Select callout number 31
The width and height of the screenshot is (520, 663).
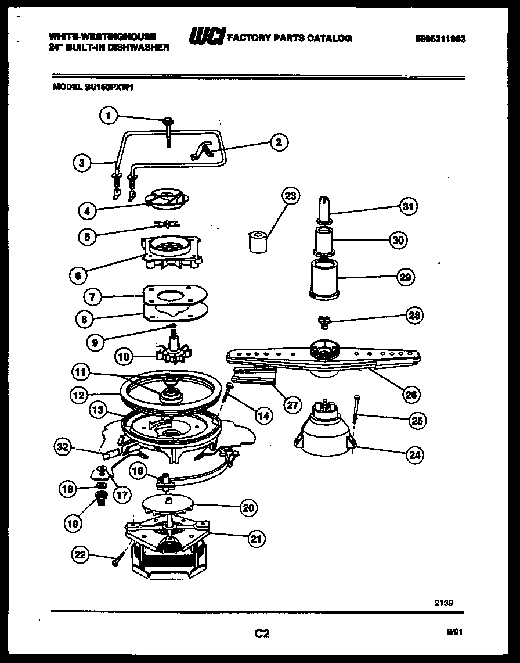click(410, 206)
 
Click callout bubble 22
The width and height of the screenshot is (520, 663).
click(81, 556)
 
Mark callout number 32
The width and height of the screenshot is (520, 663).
click(63, 447)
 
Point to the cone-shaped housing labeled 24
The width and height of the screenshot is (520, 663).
click(327, 437)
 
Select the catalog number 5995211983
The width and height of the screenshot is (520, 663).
click(441, 40)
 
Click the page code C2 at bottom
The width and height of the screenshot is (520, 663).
click(262, 633)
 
